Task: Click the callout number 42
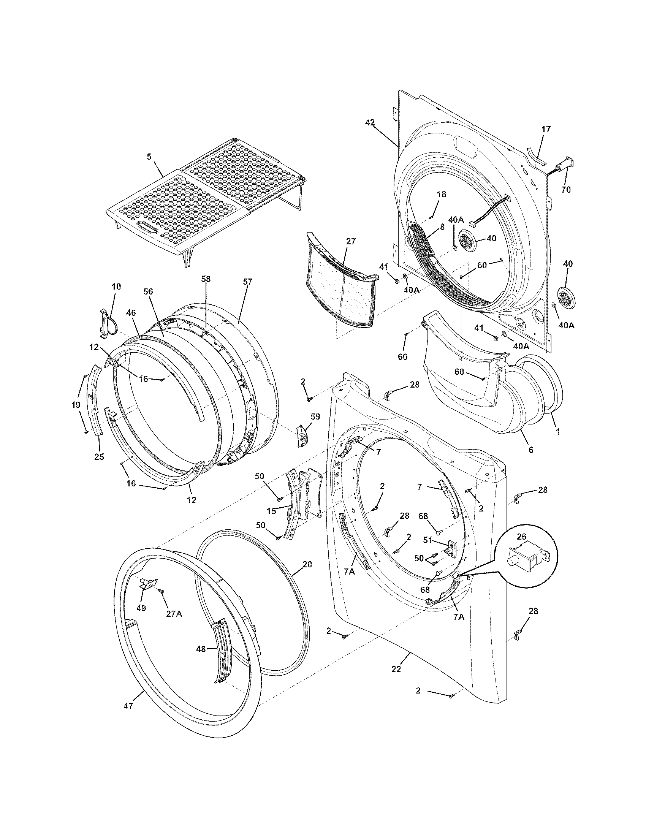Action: pos(370,122)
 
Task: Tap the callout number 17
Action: pos(546,129)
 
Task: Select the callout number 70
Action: pos(566,189)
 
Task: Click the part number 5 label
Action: pos(149,156)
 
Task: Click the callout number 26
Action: pos(521,537)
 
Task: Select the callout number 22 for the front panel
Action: pos(396,669)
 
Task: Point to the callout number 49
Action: pos(141,608)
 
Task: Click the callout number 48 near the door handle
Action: pos(201,648)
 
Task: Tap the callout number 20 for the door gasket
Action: pos(307,564)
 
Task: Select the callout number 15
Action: pos(271,511)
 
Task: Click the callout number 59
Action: pos(315,416)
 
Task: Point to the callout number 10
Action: pos(116,287)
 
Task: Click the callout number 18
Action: pos(441,195)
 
